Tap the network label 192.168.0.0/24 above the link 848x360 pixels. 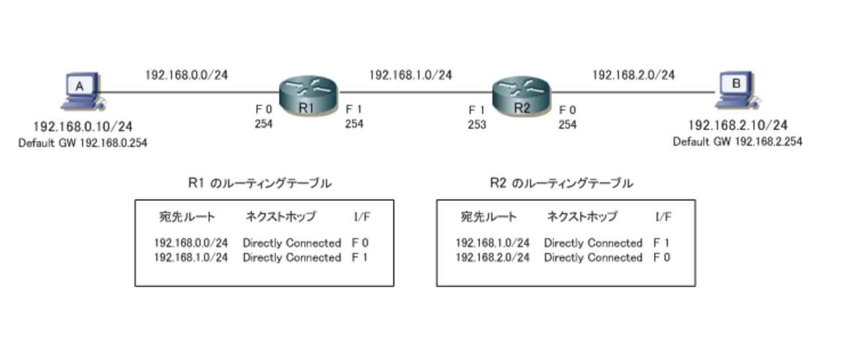click(186, 75)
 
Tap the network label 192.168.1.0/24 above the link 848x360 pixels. click(410, 75)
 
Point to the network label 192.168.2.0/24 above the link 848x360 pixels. click(633, 75)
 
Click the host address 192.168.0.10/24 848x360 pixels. click(83, 126)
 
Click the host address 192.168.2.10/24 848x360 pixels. click(737, 126)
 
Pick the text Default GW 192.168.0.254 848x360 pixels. click(83, 143)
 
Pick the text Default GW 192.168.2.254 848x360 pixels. click(737, 142)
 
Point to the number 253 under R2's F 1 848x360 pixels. click(477, 125)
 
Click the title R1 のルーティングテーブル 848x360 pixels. click(260, 183)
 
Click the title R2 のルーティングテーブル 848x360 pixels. click(561, 183)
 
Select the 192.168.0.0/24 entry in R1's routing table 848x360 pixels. click(191, 243)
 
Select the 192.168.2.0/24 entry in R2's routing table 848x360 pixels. click(492, 257)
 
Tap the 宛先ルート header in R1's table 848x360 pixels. click(187, 217)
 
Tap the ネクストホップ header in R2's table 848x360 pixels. click(582, 217)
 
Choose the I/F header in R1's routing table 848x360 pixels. click(362, 217)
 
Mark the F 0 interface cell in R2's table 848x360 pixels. click(662, 257)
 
